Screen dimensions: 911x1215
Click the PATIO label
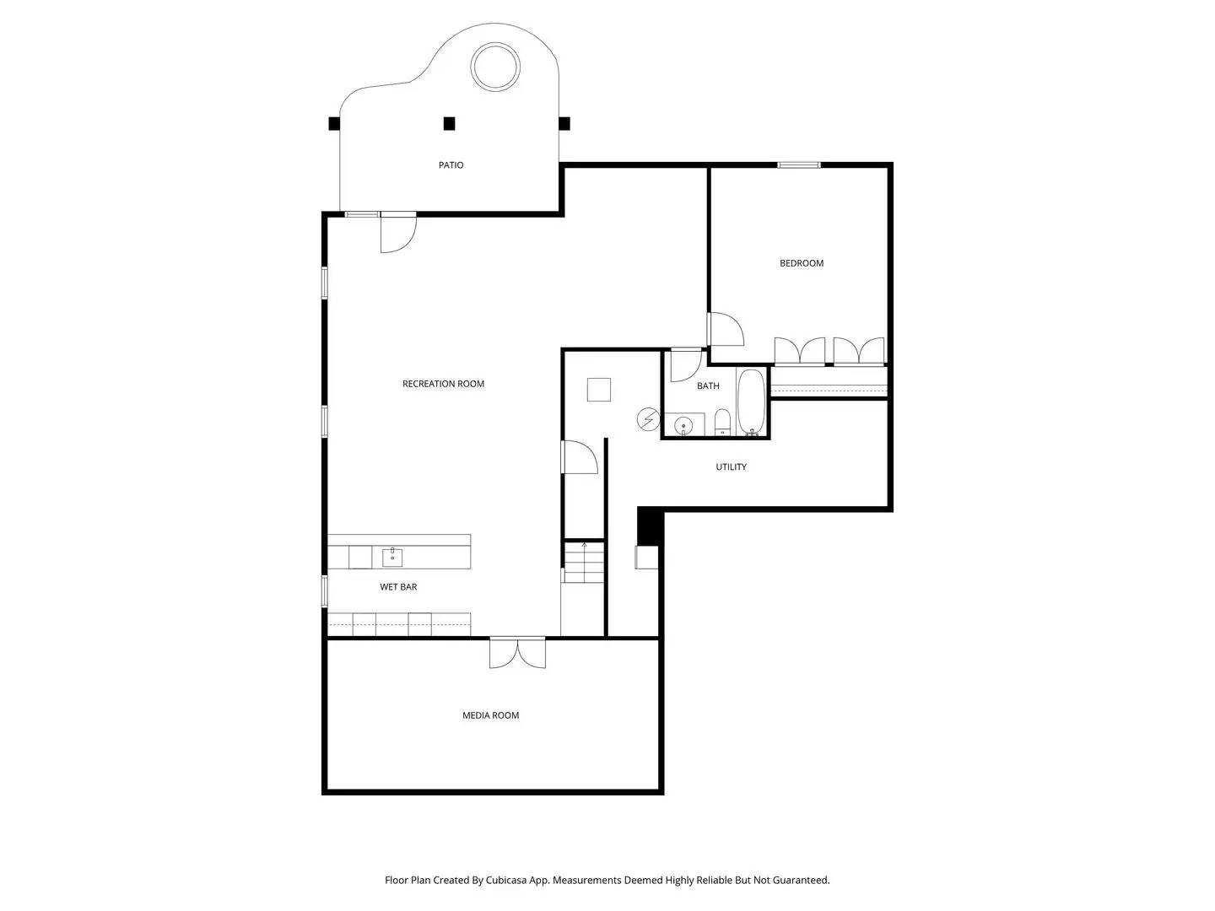click(x=451, y=165)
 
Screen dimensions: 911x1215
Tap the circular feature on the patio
click(x=495, y=67)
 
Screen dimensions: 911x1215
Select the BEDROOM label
click(x=801, y=263)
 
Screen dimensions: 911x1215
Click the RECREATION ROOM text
click(x=443, y=384)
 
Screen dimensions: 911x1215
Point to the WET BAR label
click(x=398, y=587)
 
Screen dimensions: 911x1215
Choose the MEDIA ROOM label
click(x=490, y=715)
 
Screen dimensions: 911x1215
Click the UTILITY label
click(x=731, y=467)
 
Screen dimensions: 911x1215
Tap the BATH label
click(x=708, y=386)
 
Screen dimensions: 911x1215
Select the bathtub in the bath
click(x=751, y=402)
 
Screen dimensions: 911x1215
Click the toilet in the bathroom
click(x=722, y=421)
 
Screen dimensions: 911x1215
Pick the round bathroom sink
click(x=683, y=424)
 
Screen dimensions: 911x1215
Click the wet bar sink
click(x=392, y=557)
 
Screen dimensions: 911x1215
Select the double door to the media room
click(x=517, y=653)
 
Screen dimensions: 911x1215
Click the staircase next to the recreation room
click(x=584, y=562)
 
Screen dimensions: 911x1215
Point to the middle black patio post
click(x=449, y=124)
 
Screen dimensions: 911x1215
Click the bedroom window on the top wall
click(x=798, y=164)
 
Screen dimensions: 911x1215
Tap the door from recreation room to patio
click(x=398, y=231)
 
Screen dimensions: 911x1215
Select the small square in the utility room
click(x=599, y=390)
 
